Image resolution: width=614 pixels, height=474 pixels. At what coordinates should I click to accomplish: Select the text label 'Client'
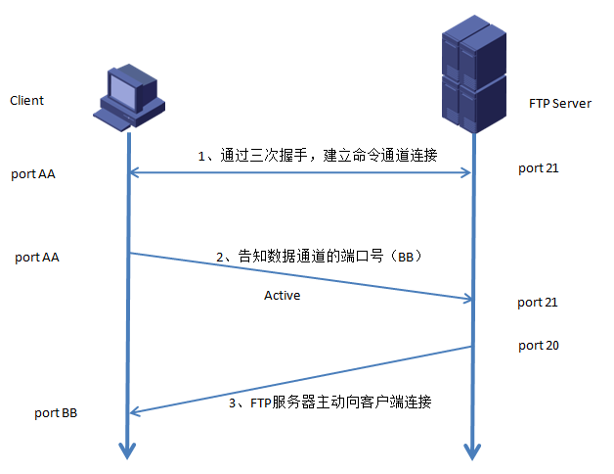[26, 101]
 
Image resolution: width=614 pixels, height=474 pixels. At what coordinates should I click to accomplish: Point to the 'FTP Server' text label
[559, 103]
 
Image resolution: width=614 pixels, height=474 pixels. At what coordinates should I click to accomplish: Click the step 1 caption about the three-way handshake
[318, 155]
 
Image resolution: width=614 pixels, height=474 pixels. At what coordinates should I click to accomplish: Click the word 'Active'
[282, 295]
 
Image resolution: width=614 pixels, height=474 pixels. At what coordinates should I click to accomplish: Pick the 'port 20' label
[538, 346]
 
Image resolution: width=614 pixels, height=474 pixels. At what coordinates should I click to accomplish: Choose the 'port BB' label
[56, 413]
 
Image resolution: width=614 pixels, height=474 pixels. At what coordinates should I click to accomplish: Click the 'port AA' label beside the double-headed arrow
[33, 174]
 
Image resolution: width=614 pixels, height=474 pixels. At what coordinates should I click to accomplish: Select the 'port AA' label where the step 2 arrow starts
[37, 258]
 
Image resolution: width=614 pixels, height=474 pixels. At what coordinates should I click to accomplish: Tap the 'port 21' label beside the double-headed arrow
[538, 168]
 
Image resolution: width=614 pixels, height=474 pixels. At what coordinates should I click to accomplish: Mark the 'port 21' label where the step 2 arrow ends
[538, 303]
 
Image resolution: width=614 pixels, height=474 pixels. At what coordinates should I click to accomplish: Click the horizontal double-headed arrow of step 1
[301, 173]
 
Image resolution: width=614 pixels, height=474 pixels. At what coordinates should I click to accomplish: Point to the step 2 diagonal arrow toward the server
[301, 276]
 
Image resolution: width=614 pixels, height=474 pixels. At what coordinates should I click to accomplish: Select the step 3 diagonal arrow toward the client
[301, 380]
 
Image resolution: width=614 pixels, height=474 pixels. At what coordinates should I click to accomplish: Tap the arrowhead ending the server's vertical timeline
[473, 450]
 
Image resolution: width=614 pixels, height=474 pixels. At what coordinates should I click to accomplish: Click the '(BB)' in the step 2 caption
[403, 257]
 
